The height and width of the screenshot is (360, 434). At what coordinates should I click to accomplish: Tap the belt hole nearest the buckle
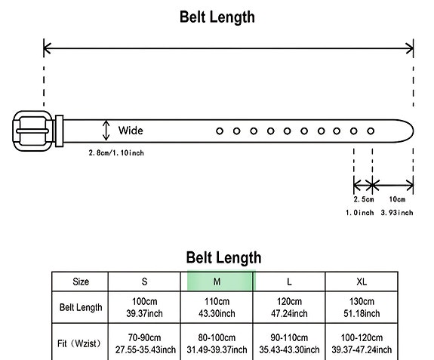coord(220,131)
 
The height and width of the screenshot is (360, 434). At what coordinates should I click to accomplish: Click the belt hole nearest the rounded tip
coord(371,131)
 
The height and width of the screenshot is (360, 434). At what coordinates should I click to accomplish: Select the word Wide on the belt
coord(131,131)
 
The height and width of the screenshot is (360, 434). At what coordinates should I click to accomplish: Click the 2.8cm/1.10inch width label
coord(116,152)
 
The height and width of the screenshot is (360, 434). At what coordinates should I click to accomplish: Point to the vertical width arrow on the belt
coord(106,131)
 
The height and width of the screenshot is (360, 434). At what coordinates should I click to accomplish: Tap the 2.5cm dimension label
coord(364,199)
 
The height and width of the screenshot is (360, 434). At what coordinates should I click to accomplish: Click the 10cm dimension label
coord(397,199)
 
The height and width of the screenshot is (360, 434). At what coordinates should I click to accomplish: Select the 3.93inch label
coord(397,213)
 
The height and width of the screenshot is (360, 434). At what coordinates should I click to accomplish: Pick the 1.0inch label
coord(360,213)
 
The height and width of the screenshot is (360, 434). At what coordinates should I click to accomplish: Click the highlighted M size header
coord(217,282)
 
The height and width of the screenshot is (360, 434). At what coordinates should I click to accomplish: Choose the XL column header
coord(362,282)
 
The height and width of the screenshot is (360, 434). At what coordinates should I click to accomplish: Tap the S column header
coord(144,282)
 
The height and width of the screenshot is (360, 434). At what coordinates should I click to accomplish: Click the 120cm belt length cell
coord(289,307)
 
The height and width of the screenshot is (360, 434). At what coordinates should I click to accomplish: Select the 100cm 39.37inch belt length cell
coord(144,307)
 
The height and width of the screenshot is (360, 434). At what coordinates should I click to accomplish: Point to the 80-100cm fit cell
coord(217,343)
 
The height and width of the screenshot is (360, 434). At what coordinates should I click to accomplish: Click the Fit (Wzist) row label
coord(79,343)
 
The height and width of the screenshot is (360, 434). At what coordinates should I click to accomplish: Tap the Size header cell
coord(81,282)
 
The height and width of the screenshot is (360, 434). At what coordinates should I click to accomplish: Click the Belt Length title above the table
coord(223,257)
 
